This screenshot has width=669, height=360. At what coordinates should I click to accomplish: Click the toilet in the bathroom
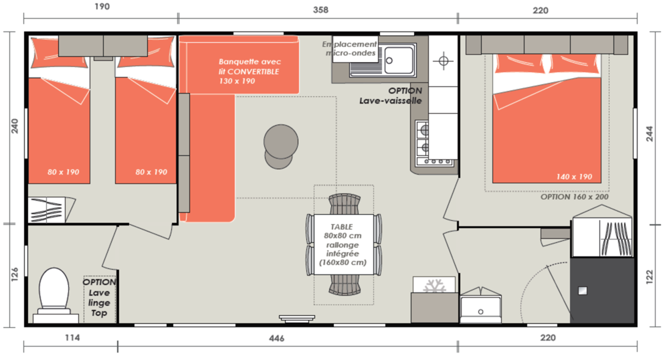[x=54, y=294]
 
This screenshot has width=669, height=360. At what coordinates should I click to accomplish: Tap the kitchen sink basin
[x=399, y=60]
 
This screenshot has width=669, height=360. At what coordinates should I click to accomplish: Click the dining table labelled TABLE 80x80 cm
[x=343, y=245]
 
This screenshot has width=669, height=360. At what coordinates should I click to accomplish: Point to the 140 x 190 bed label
[x=574, y=177]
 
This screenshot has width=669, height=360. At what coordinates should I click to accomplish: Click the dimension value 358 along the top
[x=320, y=10]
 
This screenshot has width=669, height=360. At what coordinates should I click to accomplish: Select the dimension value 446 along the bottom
[x=276, y=339]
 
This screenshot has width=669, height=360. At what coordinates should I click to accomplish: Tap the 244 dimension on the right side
[x=650, y=133]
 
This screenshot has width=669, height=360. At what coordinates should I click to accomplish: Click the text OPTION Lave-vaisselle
[x=391, y=96]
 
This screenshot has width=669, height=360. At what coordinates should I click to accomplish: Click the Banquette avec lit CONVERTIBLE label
[x=249, y=71]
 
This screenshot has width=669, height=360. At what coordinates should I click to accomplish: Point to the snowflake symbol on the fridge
[x=434, y=286]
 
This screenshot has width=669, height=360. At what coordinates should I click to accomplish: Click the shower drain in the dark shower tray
[x=583, y=291]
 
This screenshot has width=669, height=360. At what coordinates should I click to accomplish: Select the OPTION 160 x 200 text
[x=574, y=197]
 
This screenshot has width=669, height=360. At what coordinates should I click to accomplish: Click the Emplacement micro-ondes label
[x=350, y=49]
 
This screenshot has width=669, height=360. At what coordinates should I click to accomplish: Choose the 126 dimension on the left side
[x=15, y=274]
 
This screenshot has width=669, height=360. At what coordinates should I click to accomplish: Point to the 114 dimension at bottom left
[x=72, y=338]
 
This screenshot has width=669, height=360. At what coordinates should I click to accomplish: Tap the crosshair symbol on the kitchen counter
[x=444, y=61]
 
